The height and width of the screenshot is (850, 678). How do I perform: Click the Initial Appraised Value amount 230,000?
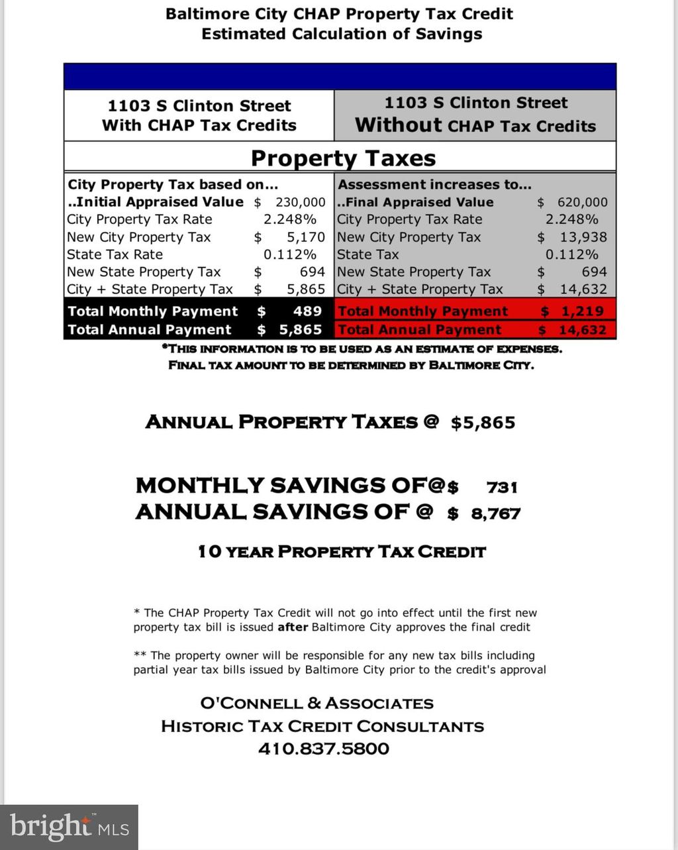[x=300, y=202]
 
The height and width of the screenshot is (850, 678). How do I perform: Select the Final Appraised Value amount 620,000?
[x=582, y=202]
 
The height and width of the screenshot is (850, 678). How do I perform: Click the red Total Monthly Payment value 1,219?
[x=582, y=311]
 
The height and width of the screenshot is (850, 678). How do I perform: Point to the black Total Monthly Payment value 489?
[x=307, y=311]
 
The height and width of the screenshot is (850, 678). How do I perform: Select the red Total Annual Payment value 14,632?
[x=582, y=330]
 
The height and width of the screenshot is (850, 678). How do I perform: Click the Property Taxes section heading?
[x=343, y=158]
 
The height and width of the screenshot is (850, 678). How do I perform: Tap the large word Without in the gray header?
[x=398, y=125]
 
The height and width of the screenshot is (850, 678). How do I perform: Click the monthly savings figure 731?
[x=502, y=488]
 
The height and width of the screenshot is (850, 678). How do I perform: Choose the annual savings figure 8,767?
[x=495, y=513]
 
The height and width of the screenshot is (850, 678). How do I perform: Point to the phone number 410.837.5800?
[x=324, y=749]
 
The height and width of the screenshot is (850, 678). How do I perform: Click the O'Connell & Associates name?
[x=316, y=704]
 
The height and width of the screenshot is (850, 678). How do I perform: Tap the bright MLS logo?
[x=69, y=827]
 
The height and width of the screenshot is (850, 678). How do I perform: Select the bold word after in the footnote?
[x=292, y=627]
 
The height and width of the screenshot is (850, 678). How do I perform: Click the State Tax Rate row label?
[x=115, y=254]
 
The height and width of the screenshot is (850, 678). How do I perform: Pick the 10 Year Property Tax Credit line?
[x=342, y=551]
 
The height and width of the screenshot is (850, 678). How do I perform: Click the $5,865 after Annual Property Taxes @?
[x=483, y=423]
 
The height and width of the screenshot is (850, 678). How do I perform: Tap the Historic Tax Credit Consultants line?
[x=322, y=726]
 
